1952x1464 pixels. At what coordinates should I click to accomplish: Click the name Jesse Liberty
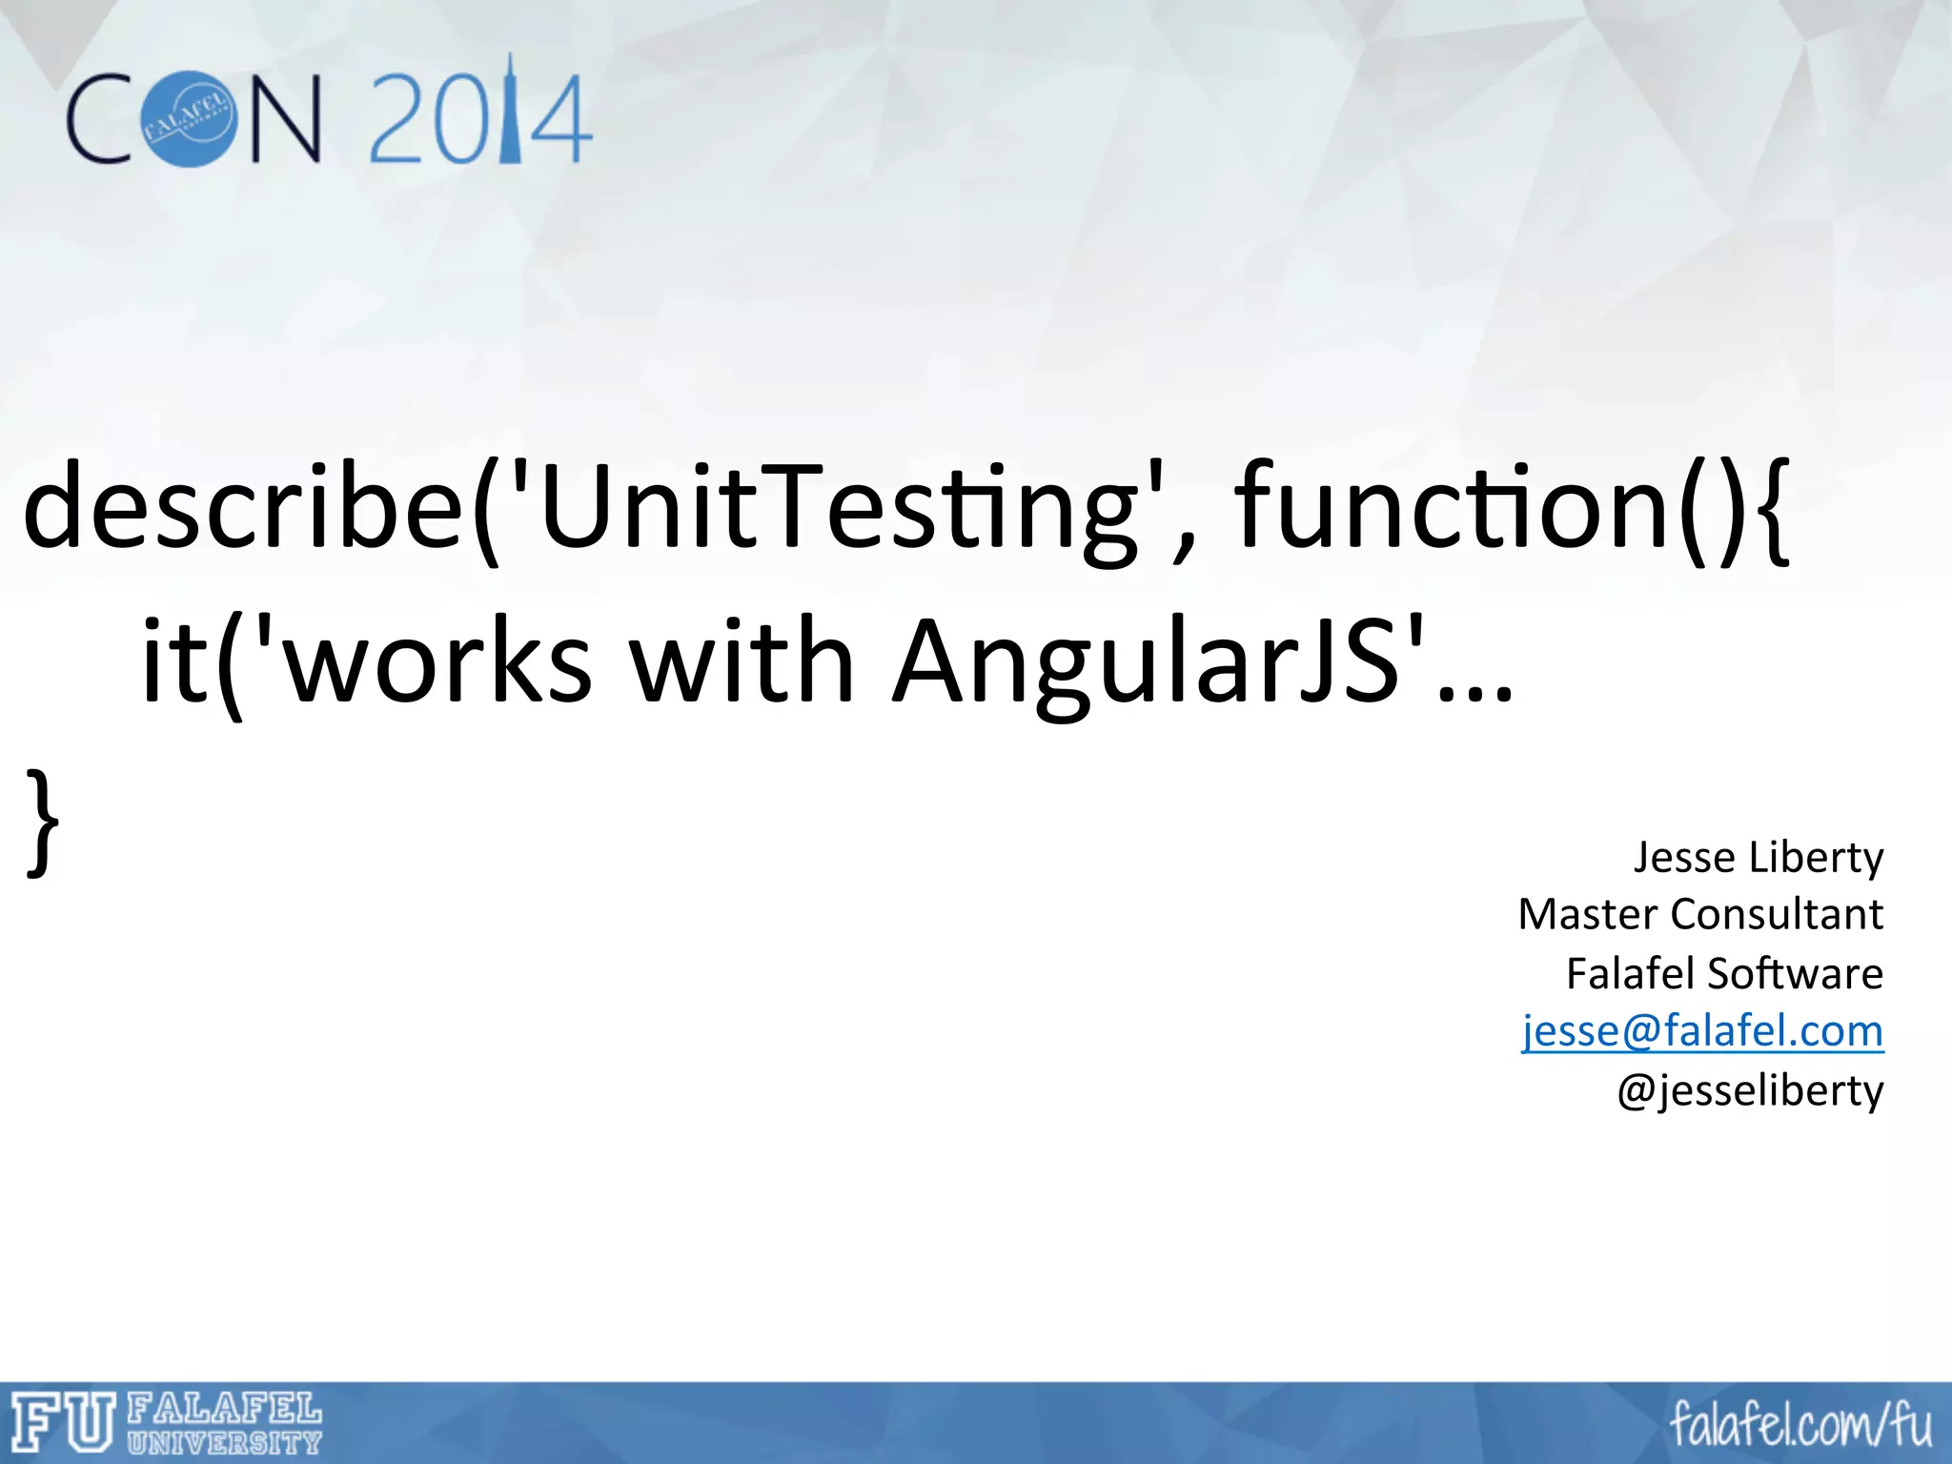(1759, 857)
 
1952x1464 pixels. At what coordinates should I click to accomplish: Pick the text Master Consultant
(1700, 914)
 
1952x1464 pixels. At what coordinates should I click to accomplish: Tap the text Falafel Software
(1724, 973)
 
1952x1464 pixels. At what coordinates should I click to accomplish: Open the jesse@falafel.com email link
(1702, 1030)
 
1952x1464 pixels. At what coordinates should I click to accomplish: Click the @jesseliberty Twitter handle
(1750, 1089)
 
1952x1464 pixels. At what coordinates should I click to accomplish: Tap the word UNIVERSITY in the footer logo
(224, 1441)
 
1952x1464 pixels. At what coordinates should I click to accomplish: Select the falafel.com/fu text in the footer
(1800, 1425)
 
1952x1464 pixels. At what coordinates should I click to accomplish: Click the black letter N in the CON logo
(285, 120)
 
